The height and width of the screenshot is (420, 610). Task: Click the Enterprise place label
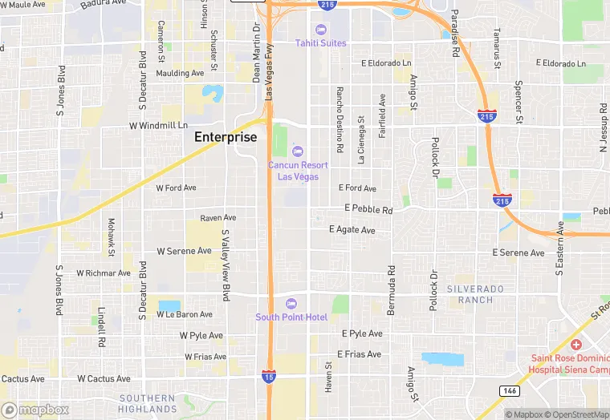pos(226,137)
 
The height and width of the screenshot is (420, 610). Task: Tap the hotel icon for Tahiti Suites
pos(321,30)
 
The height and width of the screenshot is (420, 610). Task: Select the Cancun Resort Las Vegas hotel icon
pos(298,151)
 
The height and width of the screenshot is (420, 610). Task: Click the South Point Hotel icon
pos(291,303)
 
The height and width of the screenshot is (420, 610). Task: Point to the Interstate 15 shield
pos(269,375)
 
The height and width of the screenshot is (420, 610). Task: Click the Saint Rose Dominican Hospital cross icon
pos(576,344)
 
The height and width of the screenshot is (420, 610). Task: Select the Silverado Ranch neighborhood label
pos(476,293)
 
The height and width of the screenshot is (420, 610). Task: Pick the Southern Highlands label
pos(147,403)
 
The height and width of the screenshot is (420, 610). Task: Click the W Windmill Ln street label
pos(158,126)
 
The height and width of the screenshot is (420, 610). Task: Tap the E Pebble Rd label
pos(368,209)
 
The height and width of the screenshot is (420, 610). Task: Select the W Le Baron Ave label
pos(185,315)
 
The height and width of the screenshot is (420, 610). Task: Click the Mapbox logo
pos(35,410)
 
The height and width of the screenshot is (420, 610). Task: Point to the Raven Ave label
pos(218,217)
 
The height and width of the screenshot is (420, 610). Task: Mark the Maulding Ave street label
pos(181,73)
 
